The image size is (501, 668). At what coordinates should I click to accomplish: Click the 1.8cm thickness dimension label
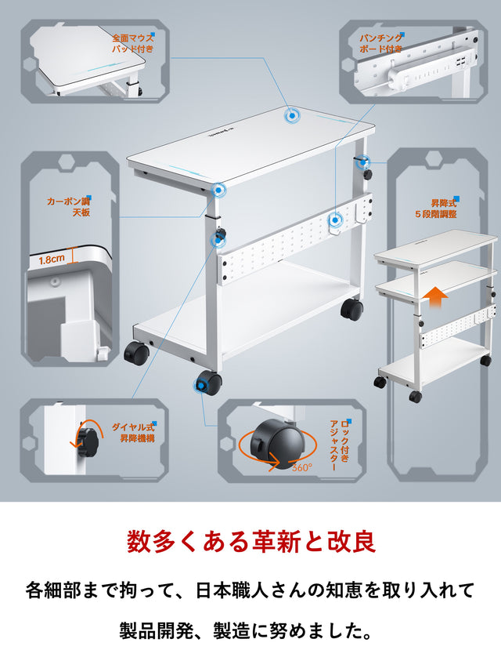[x=52, y=259]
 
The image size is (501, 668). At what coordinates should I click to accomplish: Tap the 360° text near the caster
[x=302, y=467]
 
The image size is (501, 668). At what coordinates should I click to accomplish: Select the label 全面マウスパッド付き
[x=133, y=43]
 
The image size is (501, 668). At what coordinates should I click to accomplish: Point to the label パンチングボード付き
[x=380, y=43]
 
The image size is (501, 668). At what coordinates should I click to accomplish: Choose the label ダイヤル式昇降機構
[x=133, y=433]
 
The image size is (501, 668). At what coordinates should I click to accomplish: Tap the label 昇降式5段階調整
[x=436, y=209]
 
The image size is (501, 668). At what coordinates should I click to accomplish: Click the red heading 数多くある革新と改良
[x=251, y=542]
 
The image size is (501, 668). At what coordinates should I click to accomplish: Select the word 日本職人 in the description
[x=232, y=591]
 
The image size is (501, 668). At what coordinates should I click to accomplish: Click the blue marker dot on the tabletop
[x=292, y=115]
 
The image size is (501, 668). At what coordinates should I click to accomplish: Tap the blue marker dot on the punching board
[x=335, y=220]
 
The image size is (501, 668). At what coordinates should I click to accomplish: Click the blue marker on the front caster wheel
[x=199, y=386]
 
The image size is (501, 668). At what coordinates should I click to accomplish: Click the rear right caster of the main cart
[x=352, y=309]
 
